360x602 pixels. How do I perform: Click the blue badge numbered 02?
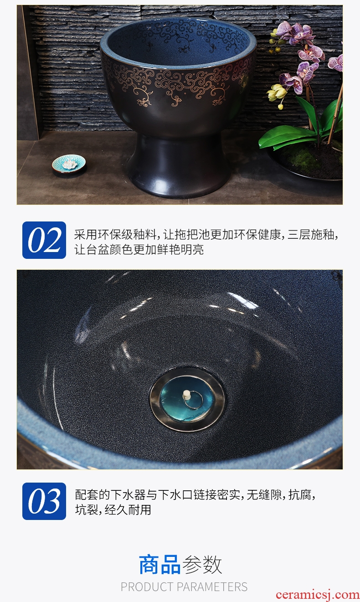(44, 240)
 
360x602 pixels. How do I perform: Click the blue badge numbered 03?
(44, 501)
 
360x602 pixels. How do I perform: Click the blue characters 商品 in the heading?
(159, 564)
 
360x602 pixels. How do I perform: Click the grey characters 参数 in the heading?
(202, 564)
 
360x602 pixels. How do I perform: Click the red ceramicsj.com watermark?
(317, 595)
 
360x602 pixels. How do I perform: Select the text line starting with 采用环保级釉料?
(206, 235)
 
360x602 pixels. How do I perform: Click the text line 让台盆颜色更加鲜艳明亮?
(139, 249)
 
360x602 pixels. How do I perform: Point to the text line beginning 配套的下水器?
(195, 495)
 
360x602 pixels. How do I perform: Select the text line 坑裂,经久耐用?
(113, 510)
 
